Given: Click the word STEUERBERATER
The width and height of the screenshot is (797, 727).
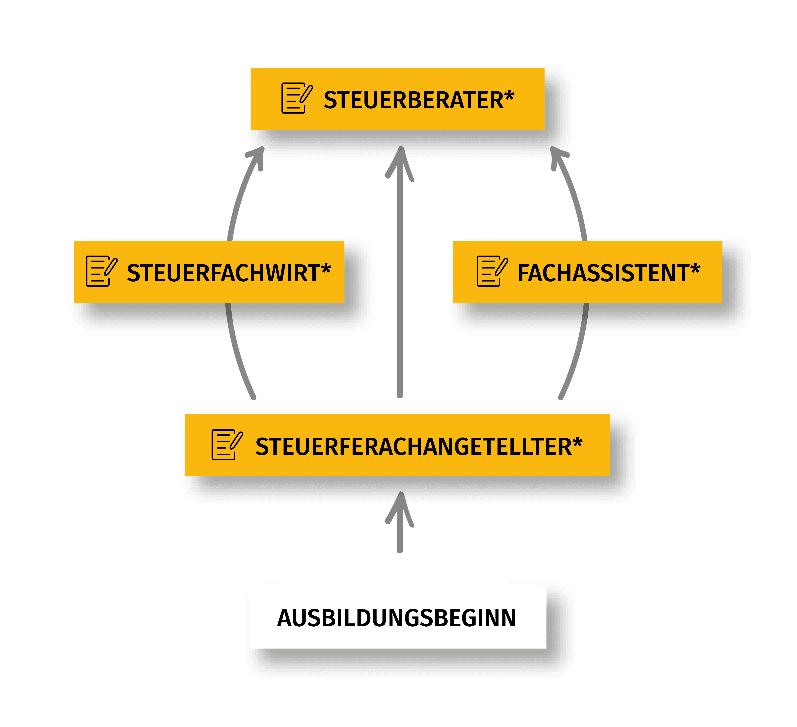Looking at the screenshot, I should pos(413,100).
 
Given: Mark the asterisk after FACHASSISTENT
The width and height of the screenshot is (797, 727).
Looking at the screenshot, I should pos(695,269).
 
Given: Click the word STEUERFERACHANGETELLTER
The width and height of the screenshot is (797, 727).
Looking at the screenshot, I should pos(413,447).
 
